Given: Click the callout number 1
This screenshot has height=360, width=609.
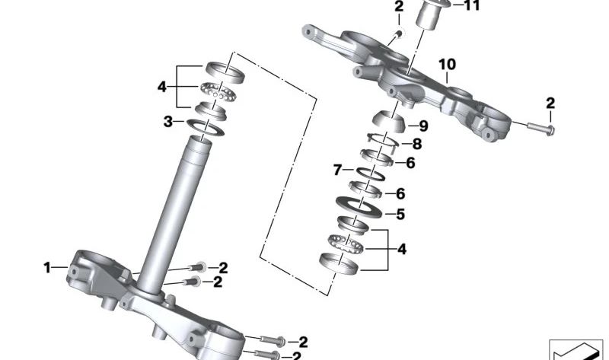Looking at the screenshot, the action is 47,268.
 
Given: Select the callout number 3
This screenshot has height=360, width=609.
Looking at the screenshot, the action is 167,122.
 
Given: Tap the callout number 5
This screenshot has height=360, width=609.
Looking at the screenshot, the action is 400,214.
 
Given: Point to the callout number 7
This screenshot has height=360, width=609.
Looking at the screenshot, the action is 337,170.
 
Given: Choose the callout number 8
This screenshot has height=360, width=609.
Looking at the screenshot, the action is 416,144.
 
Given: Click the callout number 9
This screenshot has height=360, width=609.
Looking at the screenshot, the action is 423,126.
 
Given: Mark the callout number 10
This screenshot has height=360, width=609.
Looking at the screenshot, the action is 448,64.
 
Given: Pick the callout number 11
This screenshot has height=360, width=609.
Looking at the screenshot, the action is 472,5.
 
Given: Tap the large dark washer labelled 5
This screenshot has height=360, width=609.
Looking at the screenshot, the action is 359,209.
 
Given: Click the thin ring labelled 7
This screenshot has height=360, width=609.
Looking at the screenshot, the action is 371,174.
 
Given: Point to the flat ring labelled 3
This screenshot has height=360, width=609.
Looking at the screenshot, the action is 206,127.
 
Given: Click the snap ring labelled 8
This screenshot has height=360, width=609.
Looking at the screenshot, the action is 383,139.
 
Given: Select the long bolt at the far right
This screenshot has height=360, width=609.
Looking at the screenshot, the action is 540,128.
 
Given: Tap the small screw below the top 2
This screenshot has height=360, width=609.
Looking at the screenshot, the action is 397,35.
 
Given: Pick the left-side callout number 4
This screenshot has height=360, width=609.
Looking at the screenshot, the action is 162,87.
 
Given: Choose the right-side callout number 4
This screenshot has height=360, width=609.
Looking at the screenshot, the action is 402,249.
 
